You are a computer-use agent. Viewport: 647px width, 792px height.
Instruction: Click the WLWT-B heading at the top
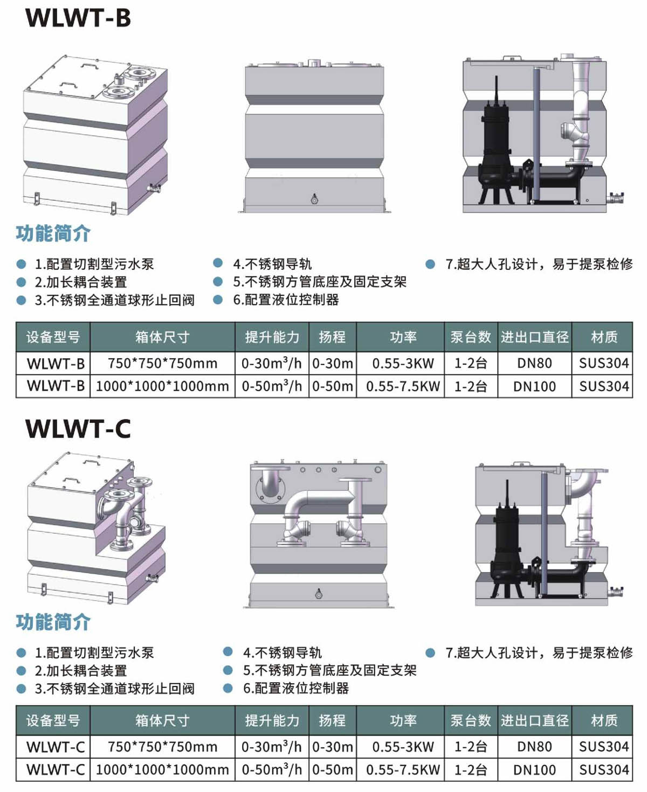(x=78, y=18)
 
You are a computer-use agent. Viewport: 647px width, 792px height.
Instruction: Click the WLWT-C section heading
(x=78, y=429)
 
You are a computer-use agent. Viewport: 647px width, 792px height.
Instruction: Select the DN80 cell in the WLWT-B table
(x=534, y=364)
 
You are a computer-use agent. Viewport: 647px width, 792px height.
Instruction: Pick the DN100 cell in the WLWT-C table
(x=534, y=770)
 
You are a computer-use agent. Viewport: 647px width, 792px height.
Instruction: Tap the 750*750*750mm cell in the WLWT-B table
(x=162, y=364)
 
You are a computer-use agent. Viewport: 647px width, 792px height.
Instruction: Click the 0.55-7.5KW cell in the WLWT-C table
(x=403, y=770)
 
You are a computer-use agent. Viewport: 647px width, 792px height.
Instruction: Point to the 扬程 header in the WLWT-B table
(x=332, y=337)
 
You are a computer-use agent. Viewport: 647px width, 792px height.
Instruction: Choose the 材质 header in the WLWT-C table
(x=604, y=720)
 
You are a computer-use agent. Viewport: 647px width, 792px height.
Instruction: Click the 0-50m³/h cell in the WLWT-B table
(x=272, y=386)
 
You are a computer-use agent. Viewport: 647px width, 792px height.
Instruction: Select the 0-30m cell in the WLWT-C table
(x=333, y=747)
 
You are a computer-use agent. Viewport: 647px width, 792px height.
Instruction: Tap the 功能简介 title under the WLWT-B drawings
(x=53, y=234)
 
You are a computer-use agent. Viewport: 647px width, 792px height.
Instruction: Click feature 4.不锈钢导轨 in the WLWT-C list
(x=282, y=653)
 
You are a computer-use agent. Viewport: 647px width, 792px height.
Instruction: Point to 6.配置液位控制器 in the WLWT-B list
(x=286, y=300)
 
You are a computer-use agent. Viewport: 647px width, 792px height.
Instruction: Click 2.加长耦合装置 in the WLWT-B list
(x=81, y=282)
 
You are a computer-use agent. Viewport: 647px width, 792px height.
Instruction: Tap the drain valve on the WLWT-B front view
(x=314, y=199)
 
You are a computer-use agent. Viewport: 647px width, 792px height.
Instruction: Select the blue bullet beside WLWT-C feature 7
(x=430, y=653)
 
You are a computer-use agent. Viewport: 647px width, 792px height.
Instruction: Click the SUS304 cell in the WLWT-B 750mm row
(x=604, y=364)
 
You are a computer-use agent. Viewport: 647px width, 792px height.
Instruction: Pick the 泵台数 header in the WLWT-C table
(x=471, y=720)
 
